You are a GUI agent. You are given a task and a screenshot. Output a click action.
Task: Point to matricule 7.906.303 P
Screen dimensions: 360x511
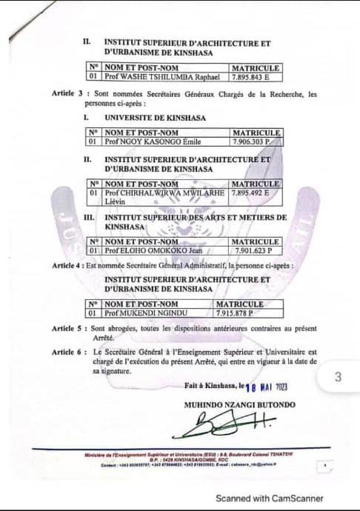click(252, 141)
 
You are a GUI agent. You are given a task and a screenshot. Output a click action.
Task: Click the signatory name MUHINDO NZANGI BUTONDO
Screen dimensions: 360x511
click(240, 404)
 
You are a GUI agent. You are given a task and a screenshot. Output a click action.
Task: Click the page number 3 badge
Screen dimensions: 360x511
click(339, 377)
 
